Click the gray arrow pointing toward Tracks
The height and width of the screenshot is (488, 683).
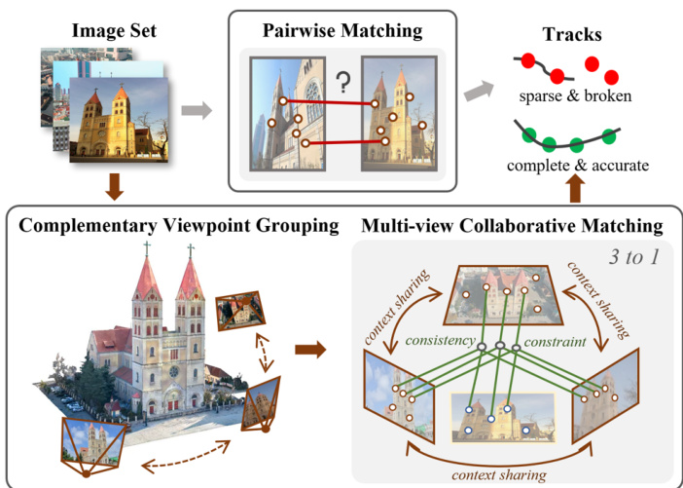tap(476, 93)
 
